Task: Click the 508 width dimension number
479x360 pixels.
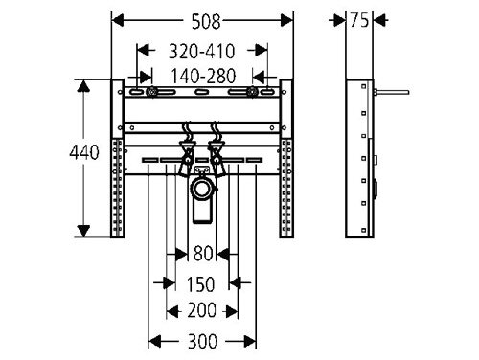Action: pyautogui.click(x=206, y=22)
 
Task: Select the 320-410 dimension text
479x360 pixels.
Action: pyautogui.click(x=202, y=51)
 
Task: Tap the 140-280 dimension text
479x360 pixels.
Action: pyautogui.click(x=203, y=76)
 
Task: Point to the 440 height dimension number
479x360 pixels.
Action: pyautogui.click(x=84, y=152)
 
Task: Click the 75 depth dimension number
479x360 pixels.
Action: pyautogui.click(x=359, y=20)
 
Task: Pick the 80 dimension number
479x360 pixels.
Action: pyautogui.click(x=203, y=254)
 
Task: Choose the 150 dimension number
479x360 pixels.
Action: pyautogui.click(x=200, y=284)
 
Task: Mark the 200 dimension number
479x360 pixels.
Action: pyautogui.click(x=201, y=310)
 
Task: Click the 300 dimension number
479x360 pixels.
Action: pyautogui.click(x=202, y=341)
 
